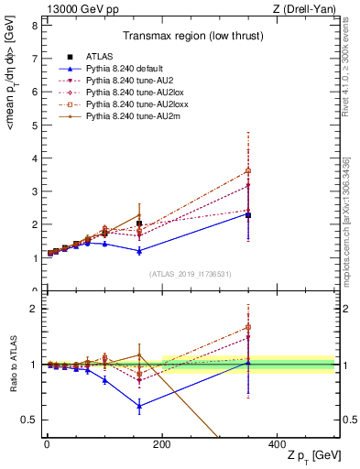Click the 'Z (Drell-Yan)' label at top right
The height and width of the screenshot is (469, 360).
click(306, 8)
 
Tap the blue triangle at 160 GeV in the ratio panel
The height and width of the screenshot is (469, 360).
click(139, 406)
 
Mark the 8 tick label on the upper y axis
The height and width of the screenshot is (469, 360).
click(33, 25)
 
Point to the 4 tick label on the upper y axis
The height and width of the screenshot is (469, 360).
click(33, 158)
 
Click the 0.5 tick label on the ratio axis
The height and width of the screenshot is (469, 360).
click(29, 420)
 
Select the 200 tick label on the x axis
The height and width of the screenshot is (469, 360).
click(162, 443)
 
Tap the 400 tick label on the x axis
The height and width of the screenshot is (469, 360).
click(278, 443)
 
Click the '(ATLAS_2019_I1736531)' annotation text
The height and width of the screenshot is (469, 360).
click(189, 274)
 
